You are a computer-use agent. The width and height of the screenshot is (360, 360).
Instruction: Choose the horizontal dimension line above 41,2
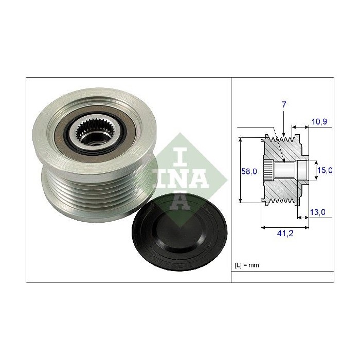pos(286,226)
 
